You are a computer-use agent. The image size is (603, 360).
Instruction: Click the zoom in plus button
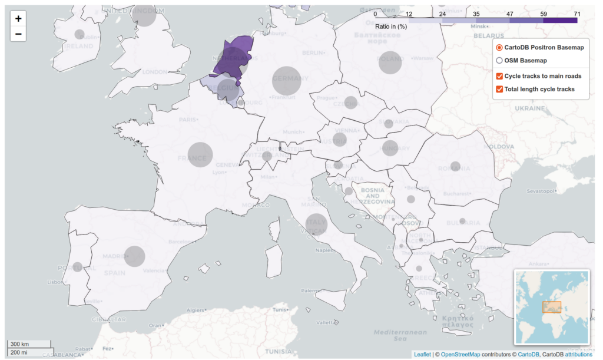18,18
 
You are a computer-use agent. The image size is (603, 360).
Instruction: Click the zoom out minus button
18,34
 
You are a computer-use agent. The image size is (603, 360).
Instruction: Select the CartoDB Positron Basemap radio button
499,48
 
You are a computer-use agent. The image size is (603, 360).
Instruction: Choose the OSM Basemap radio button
499,61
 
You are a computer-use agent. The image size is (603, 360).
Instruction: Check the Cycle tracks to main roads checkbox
499,76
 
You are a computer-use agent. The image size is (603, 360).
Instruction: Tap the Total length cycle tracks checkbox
499,90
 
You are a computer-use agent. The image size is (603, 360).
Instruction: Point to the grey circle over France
200,154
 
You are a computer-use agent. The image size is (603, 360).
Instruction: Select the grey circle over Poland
390,62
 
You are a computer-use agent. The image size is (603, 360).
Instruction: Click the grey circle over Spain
134,256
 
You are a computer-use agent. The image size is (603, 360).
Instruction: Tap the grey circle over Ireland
79,34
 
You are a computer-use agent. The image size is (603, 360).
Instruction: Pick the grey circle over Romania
455,166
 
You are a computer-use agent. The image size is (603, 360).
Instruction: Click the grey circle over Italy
316,223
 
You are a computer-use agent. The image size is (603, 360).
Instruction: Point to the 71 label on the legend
577,14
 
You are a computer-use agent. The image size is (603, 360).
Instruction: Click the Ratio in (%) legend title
391,27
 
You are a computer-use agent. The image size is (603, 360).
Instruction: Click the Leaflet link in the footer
422,355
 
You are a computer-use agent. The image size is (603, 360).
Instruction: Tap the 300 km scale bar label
20,344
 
